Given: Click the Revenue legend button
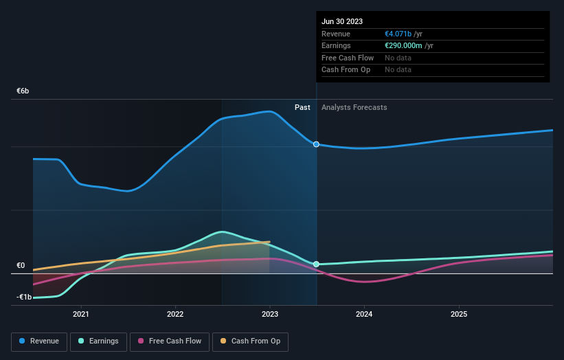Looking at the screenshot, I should (x=40, y=341).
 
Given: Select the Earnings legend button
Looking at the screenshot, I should (x=99, y=341).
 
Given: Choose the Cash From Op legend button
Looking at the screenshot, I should (x=251, y=341).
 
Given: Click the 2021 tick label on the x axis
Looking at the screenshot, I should (x=81, y=315).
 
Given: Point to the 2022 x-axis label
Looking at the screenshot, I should (x=175, y=315).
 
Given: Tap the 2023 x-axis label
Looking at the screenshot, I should (x=270, y=315).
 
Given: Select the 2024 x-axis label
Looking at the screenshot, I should (x=364, y=315).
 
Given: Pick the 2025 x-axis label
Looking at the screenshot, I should (x=459, y=315).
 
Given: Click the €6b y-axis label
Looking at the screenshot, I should (x=23, y=91).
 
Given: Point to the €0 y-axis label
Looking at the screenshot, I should (x=21, y=265).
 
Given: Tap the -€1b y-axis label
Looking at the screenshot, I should (x=23, y=297).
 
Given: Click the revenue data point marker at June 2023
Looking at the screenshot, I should (x=316, y=144).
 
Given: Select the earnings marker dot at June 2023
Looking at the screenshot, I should (x=316, y=264).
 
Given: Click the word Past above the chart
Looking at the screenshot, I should (x=302, y=107).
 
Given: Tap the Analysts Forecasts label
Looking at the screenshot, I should (x=354, y=107).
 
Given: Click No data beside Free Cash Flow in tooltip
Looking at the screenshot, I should (x=398, y=58).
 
